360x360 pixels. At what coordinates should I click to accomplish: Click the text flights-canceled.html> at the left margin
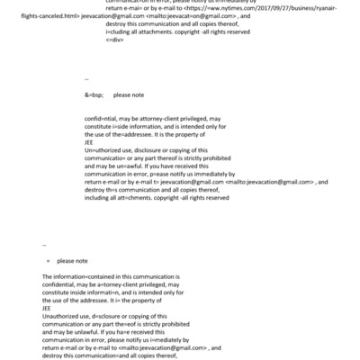pyautogui.click(x=28, y=15)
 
